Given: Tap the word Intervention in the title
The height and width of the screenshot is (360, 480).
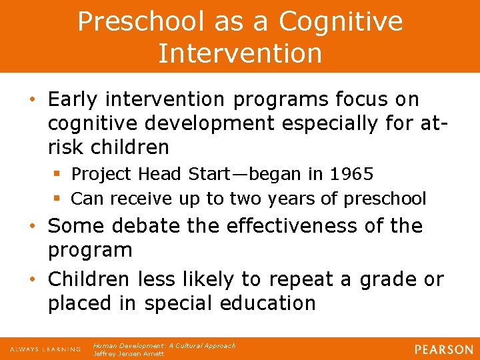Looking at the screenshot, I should click(x=240, y=53).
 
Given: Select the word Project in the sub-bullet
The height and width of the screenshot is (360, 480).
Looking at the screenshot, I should click(x=98, y=175).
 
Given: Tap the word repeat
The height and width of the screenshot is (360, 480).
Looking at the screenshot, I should click(x=315, y=279).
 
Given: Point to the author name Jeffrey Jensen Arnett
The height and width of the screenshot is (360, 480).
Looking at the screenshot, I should click(x=129, y=353).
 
